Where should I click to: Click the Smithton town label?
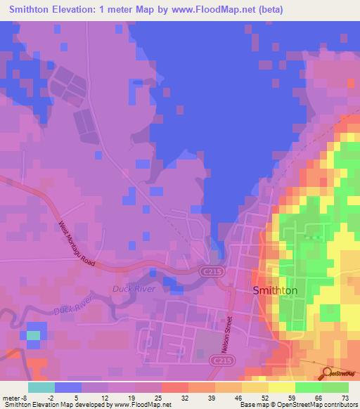275,290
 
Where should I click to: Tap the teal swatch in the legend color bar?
41,387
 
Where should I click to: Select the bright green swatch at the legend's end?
335,387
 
